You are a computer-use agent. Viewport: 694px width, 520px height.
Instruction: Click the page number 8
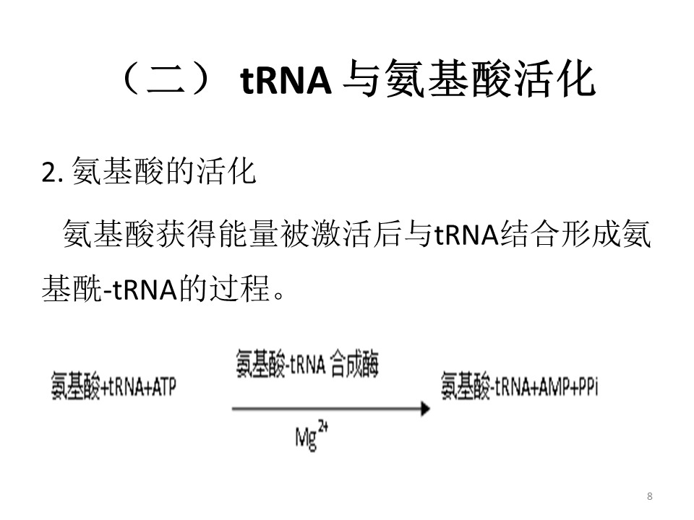[x=650, y=495]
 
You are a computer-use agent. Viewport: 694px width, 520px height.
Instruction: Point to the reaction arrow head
[x=424, y=409]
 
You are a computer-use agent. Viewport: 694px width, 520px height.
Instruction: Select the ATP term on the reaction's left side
[x=163, y=387]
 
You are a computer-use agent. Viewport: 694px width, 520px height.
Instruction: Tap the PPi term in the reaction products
[x=586, y=387]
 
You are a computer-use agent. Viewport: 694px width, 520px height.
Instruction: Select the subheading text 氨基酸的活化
[x=164, y=174]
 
